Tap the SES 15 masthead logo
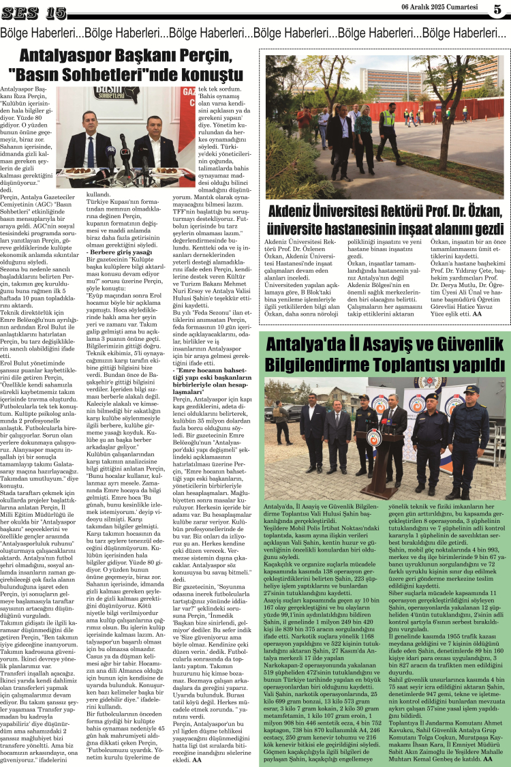pos(37,12)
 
